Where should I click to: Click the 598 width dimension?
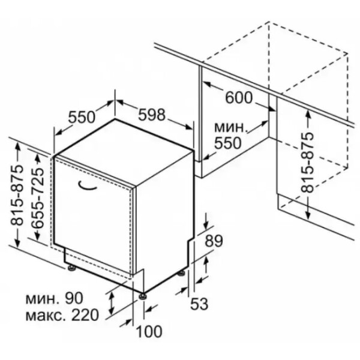(152, 115)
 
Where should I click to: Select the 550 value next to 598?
(82, 117)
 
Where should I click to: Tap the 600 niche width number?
(239, 98)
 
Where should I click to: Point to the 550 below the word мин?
(228, 143)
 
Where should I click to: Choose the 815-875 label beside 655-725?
(17, 194)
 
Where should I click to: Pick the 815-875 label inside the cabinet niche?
(307, 163)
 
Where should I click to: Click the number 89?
(214, 241)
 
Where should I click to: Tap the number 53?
(199, 304)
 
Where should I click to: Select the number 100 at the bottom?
(149, 331)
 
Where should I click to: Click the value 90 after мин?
(73, 298)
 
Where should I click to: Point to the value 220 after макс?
(85, 315)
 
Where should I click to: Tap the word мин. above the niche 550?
(231, 128)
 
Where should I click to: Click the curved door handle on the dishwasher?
(88, 185)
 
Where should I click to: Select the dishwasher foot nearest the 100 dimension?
(142, 296)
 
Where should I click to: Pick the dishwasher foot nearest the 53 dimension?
(181, 273)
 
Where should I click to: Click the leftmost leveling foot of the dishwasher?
(71, 268)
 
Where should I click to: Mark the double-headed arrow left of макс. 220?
(112, 304)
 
